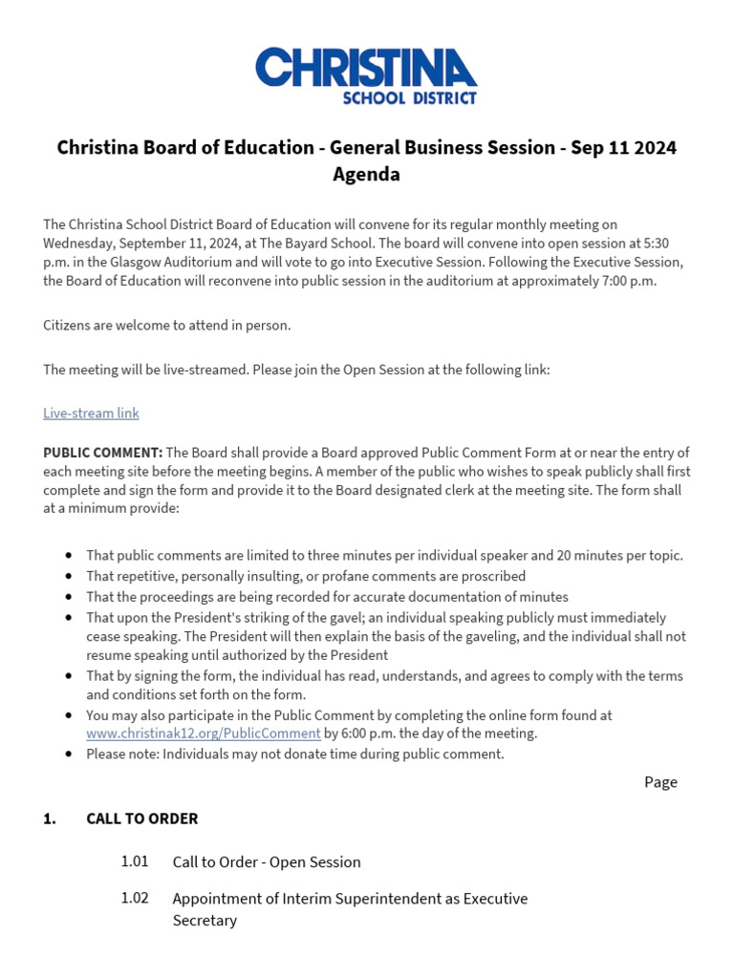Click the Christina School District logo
[366, 75]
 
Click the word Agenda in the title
[366, 175]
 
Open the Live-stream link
[91, 413]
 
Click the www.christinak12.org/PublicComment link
[203, 733]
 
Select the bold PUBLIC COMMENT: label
[103, 453]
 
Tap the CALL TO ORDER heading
[141, 819]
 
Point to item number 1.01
[135, 861]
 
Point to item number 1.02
[135, 899]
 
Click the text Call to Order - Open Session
[267, 862]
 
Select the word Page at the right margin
[660, 782]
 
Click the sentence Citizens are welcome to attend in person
[166, 325]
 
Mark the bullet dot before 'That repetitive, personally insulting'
[69, 577]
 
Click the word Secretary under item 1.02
[205, 921]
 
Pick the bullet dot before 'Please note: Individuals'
[69, 755]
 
